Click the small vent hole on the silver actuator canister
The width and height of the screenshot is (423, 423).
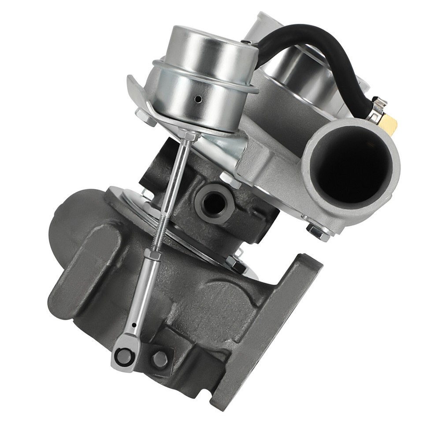[x=199, y=99]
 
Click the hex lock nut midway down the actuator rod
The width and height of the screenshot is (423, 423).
[x=152, y=255]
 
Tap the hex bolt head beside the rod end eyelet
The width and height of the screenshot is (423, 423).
[x=160, y=359]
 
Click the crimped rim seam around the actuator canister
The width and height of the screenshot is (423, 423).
[x=205, y=79]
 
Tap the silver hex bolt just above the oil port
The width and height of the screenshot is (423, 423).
[x=230, y=180]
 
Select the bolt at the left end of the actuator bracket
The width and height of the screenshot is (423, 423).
[x=145, y=117]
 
